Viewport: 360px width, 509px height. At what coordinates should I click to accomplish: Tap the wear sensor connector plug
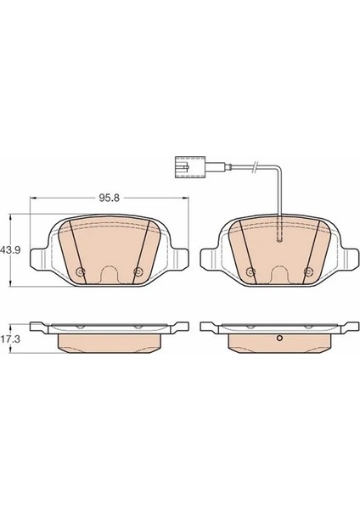(x=189, y=167)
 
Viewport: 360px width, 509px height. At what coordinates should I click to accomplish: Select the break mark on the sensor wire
(x=256, y=167)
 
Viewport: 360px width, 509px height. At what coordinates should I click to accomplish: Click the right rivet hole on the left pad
(x=138, y=271)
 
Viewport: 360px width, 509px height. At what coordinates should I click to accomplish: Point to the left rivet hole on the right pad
(x=250, y=271)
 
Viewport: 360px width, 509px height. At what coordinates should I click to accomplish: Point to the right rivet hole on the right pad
(x=307, y=271)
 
